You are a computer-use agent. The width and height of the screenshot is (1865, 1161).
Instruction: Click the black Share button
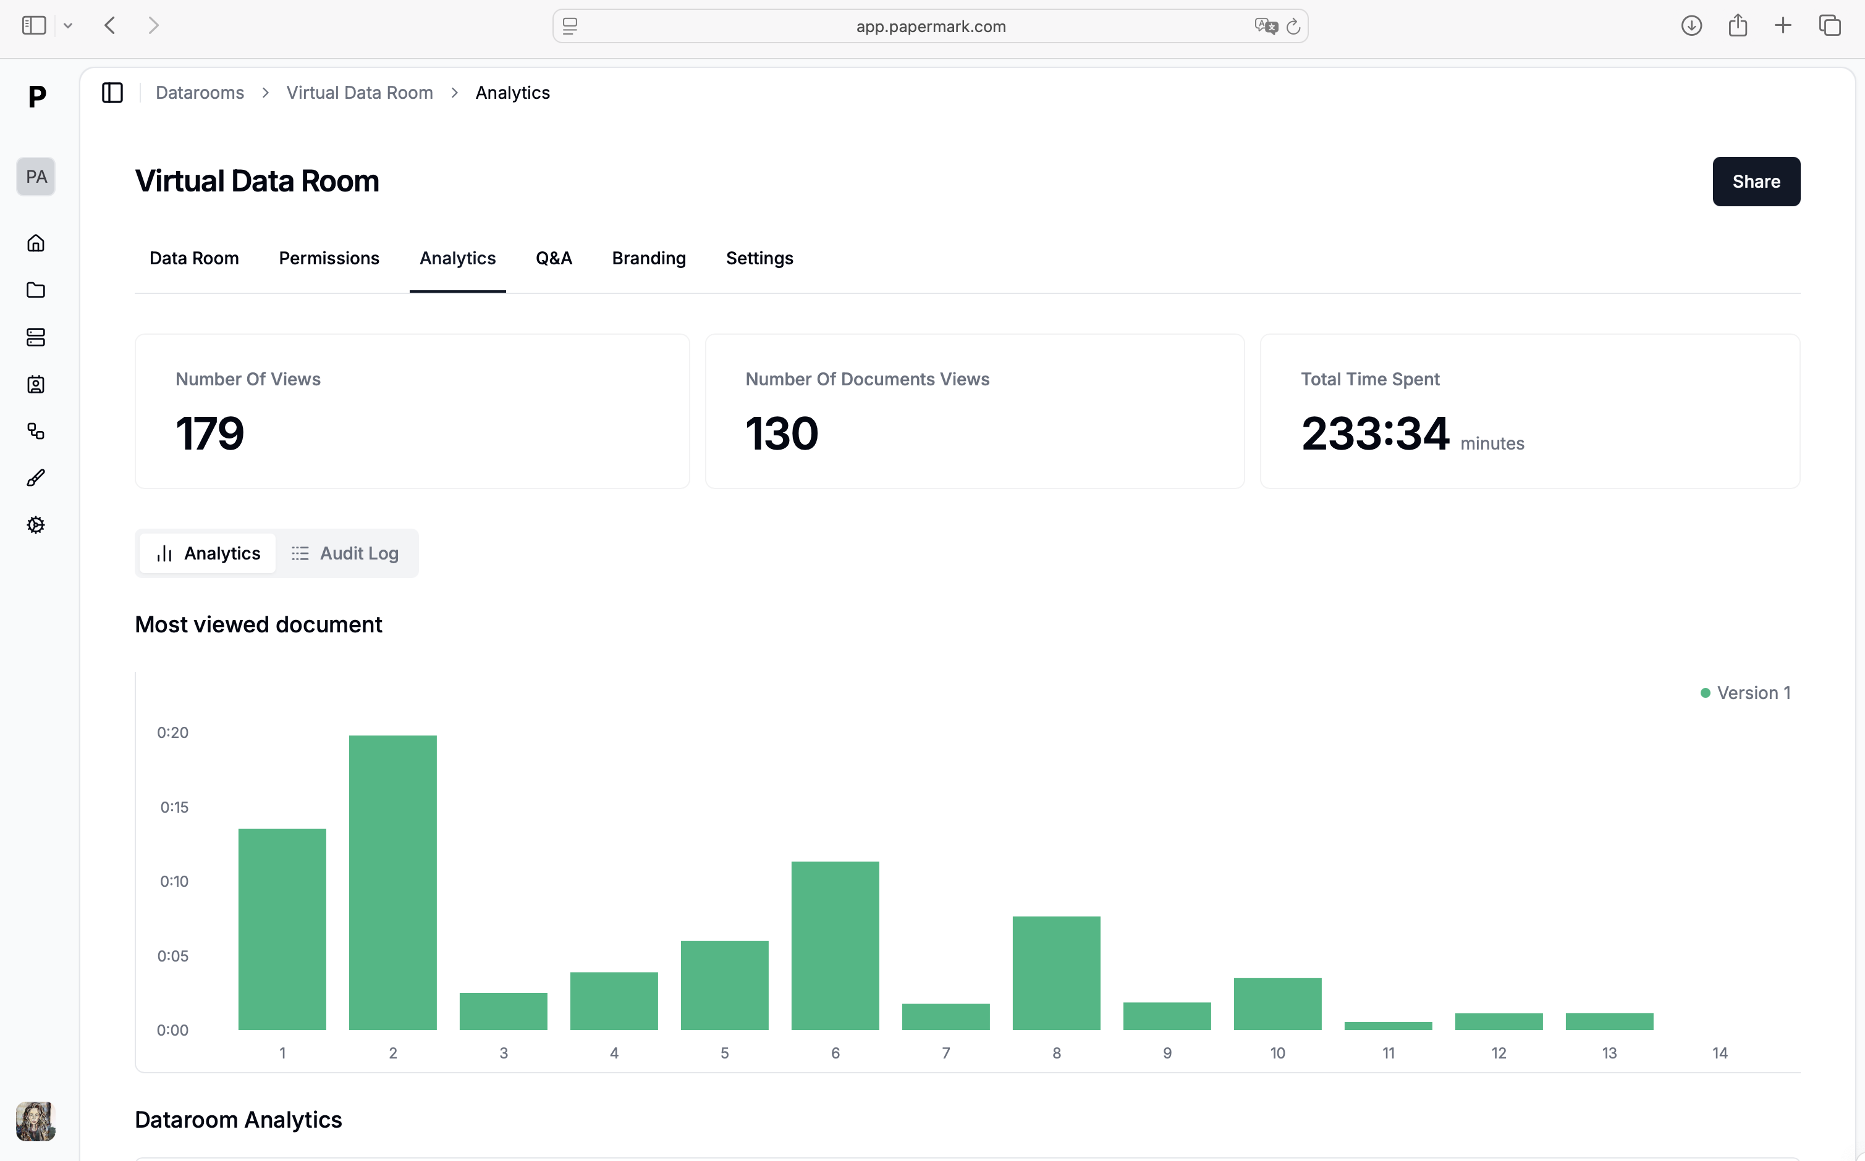pos(1755,181)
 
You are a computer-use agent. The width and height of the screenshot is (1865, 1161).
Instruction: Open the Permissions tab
pos(329,258)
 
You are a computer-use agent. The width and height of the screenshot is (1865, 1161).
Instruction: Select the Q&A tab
pos(553,258)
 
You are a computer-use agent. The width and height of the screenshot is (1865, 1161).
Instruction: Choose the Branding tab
pos(648,258)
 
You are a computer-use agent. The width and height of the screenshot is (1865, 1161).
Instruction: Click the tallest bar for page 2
pos(392,883)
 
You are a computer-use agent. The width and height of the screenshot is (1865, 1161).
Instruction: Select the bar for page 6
pos(835,946)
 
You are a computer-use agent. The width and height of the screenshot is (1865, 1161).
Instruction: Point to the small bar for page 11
pos(1388,1026)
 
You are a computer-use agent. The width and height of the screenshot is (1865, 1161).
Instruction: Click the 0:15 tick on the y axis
pos(174,807)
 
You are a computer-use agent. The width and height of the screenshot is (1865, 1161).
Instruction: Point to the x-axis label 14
pos(1720,1053)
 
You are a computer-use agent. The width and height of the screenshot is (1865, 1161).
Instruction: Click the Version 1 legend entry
pos(1745,693)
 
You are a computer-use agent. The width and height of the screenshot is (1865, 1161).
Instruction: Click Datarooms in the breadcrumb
pos(200,93)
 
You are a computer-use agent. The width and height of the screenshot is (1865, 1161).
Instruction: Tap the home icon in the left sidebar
pos(35,243)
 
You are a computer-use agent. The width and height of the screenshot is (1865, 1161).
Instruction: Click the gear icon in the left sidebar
pos(35,525)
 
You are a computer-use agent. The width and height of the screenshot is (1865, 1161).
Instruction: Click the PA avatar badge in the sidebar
pos(35,177)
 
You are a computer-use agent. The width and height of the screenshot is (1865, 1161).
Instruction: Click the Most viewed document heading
pos(258,624)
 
